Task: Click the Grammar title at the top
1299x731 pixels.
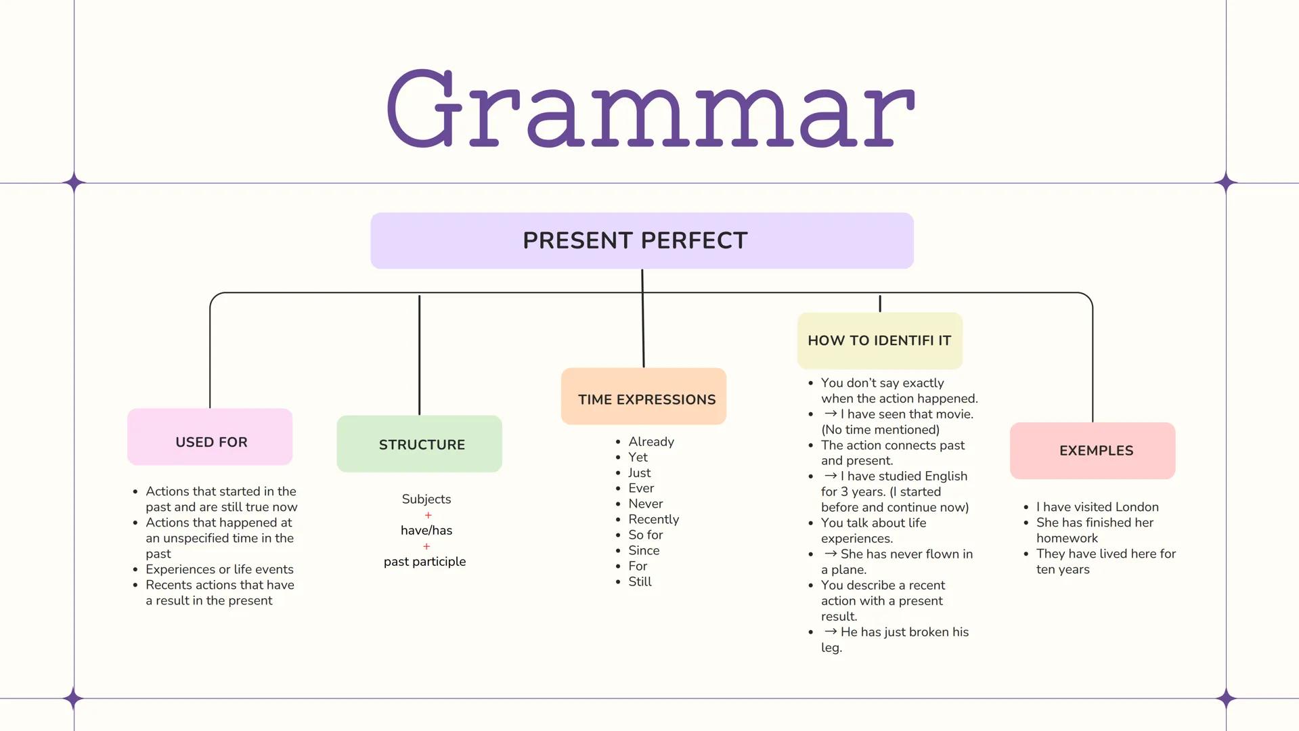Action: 650,108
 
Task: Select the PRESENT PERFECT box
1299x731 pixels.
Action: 642,241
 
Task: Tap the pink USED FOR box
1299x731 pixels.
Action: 210,437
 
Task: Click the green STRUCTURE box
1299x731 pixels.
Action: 419,444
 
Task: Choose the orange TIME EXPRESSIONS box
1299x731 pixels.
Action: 644,397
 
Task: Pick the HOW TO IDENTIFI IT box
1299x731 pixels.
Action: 879,340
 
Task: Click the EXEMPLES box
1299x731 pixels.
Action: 1093,451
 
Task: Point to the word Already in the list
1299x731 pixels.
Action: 651,442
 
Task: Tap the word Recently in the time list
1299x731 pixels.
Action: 653,519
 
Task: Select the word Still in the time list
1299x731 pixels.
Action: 640,582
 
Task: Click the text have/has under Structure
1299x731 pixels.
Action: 426,531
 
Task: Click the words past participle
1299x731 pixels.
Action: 424,562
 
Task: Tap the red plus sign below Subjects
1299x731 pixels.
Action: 428,515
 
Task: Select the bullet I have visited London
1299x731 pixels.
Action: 1097,507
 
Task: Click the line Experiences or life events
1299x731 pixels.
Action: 219,569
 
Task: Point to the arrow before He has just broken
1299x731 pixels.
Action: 831,632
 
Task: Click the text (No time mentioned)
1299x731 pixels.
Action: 880,430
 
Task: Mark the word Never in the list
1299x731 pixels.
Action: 645,504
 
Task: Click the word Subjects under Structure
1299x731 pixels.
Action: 426,500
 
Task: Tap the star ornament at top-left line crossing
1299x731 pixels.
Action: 74,183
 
